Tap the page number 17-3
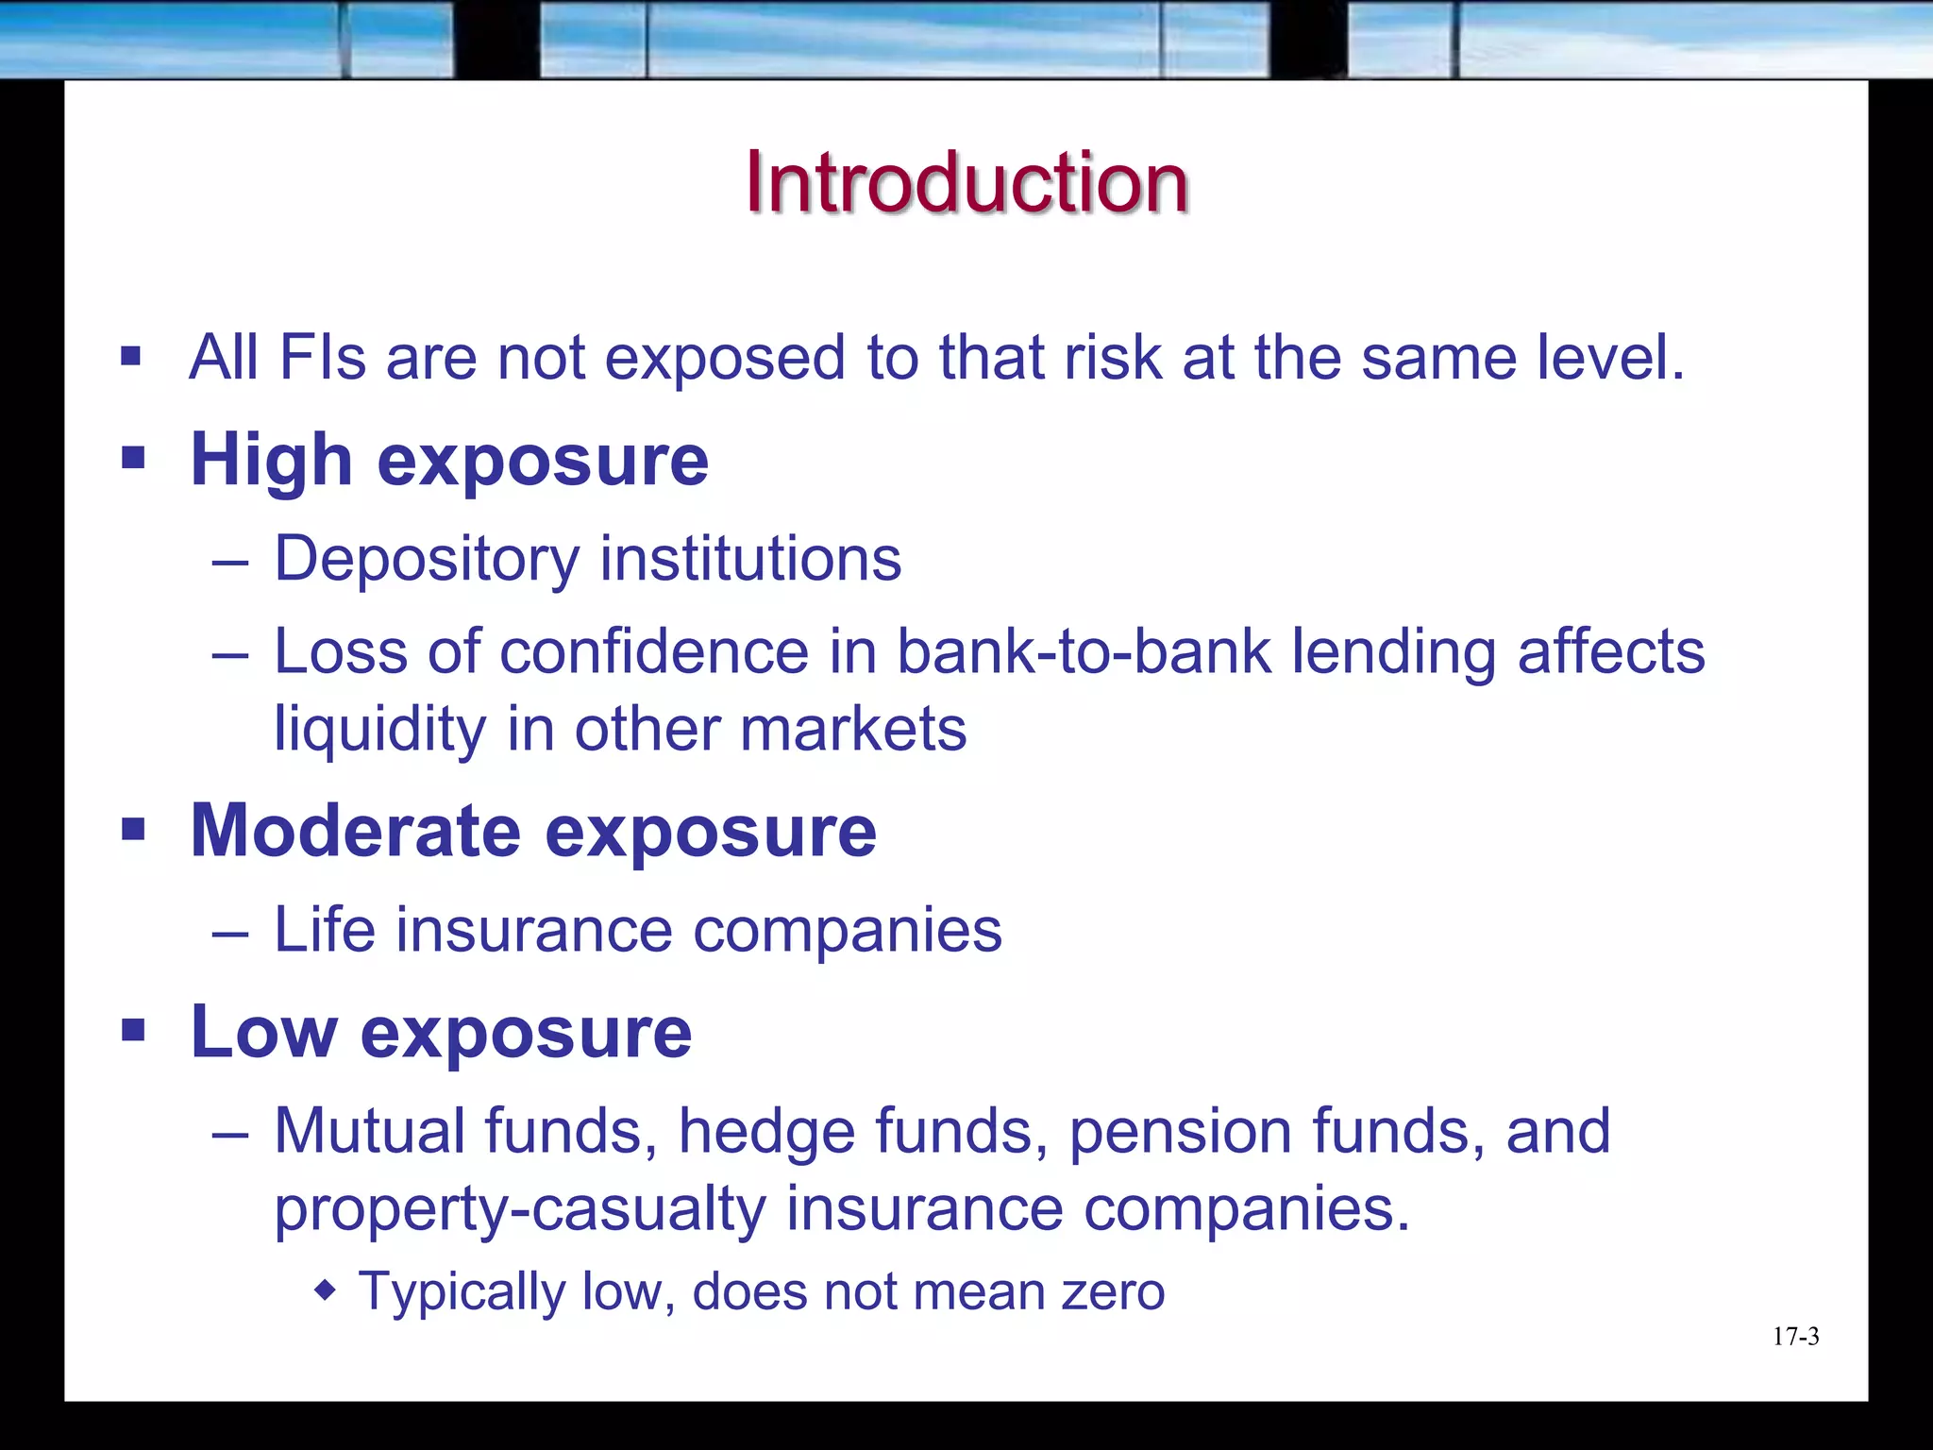(1795, 1337)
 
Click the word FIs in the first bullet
(323, 358)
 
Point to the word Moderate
(355, 831)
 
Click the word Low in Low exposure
(263, 1032)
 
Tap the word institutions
(750, 559)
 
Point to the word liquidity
(379, 730)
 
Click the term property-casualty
(519, 1209)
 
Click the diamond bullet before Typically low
(326, 1290)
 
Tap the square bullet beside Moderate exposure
(133, 830)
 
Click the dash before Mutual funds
(230, 1133)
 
